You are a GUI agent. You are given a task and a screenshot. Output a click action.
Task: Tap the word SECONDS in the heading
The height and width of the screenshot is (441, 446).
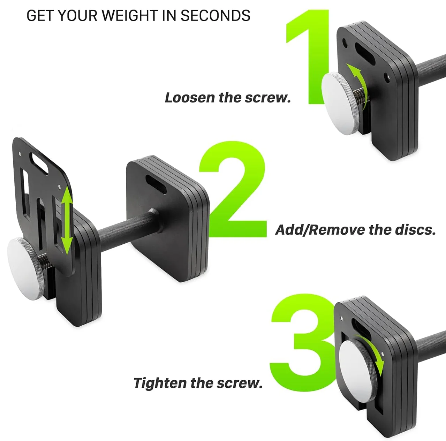[x=215, y=15]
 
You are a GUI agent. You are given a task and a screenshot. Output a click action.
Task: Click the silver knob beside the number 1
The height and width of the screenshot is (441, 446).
[x=340, y=103]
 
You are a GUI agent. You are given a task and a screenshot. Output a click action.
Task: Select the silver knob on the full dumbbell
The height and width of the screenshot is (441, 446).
[x=25, y=268]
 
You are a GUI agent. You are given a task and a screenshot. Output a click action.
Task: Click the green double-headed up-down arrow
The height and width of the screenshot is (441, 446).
[x=67, y=221]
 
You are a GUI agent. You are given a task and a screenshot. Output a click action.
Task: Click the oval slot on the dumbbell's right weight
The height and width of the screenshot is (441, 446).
[x=156, y=184]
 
